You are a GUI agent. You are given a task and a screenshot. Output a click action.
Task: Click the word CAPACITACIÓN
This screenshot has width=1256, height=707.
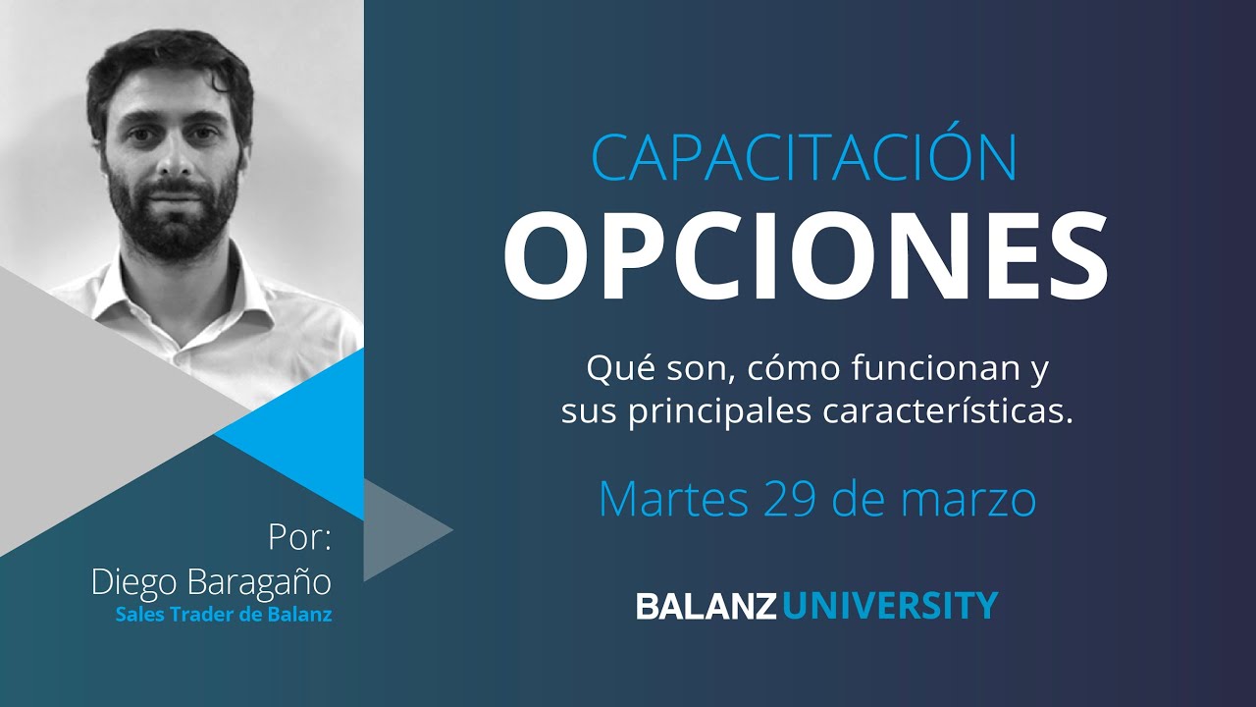[804, 158]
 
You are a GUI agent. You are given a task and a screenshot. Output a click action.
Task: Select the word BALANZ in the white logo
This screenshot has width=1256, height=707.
[706, 605]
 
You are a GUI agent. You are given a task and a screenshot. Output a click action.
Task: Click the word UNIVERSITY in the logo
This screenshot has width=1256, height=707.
[891, 605]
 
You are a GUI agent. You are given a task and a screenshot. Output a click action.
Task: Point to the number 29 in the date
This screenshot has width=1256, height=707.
[790, 500]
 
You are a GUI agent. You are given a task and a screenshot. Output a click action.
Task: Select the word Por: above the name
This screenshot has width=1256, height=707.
[300, 538]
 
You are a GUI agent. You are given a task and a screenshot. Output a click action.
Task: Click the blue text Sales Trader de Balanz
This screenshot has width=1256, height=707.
[223, 616]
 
